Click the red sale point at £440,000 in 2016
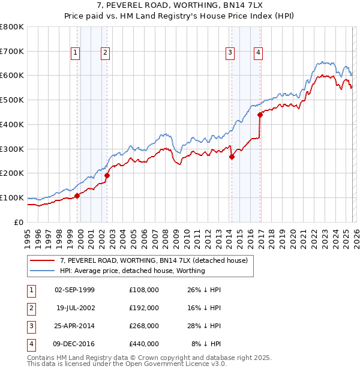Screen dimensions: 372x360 (x=260, y=115)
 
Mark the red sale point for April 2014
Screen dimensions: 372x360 (x=232, y=157)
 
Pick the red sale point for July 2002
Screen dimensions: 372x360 (x=107, y=175)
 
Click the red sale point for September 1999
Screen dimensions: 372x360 (x=77, y=196)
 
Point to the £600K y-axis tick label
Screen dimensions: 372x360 (x=12, y=76)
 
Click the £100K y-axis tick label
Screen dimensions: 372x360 (x=12, y=197)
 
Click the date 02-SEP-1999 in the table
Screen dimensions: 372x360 (x=74, y=290)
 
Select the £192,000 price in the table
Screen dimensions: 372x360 (x=144, y=308)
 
